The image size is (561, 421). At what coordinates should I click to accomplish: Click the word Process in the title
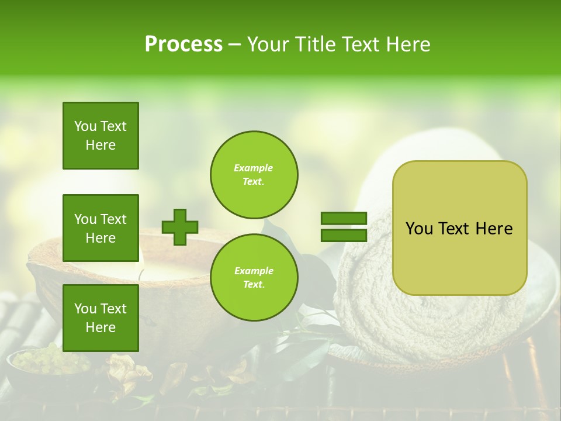[183, 44]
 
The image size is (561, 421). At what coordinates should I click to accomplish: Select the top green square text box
[101, 136]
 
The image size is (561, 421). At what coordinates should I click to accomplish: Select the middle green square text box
[101, 228]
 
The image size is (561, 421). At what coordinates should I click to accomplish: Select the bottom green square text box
[101, 318]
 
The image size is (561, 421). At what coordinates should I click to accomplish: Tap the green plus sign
[179, 227]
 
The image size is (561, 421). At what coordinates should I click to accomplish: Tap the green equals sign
[344, 227]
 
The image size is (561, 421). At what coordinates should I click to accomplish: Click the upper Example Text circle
[254, 174]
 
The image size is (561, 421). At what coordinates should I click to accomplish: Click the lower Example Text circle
[254, 277]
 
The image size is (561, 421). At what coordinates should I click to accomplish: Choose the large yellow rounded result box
[459, 228]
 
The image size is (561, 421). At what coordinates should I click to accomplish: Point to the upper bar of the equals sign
[344, 219]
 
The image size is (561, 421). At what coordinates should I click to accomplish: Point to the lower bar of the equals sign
[344, 235]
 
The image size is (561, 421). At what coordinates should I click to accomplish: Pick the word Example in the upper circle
[253, 168]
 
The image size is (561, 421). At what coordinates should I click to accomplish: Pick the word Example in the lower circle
[254, 271]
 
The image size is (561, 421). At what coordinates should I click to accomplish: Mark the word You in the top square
[85, 126]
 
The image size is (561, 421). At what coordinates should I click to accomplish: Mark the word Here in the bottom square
[101, 327]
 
